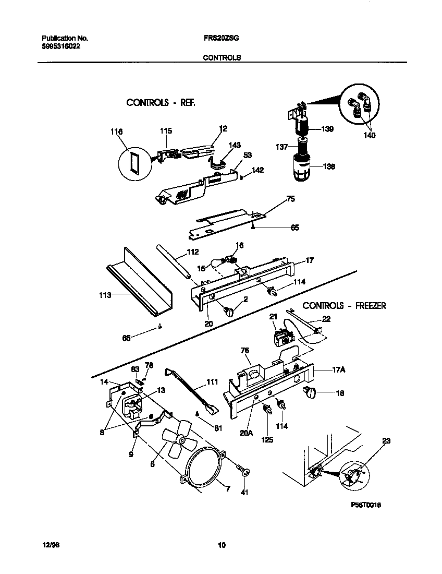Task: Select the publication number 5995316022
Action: click(61, 46)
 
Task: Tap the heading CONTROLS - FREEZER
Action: click(344, 306)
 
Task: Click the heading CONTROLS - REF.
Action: click(161, 102)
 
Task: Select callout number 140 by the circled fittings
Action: click(370, 135)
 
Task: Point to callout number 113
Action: click(105, 295)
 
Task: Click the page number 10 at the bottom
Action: click(222, 545)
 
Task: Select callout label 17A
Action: click(339, 370)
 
